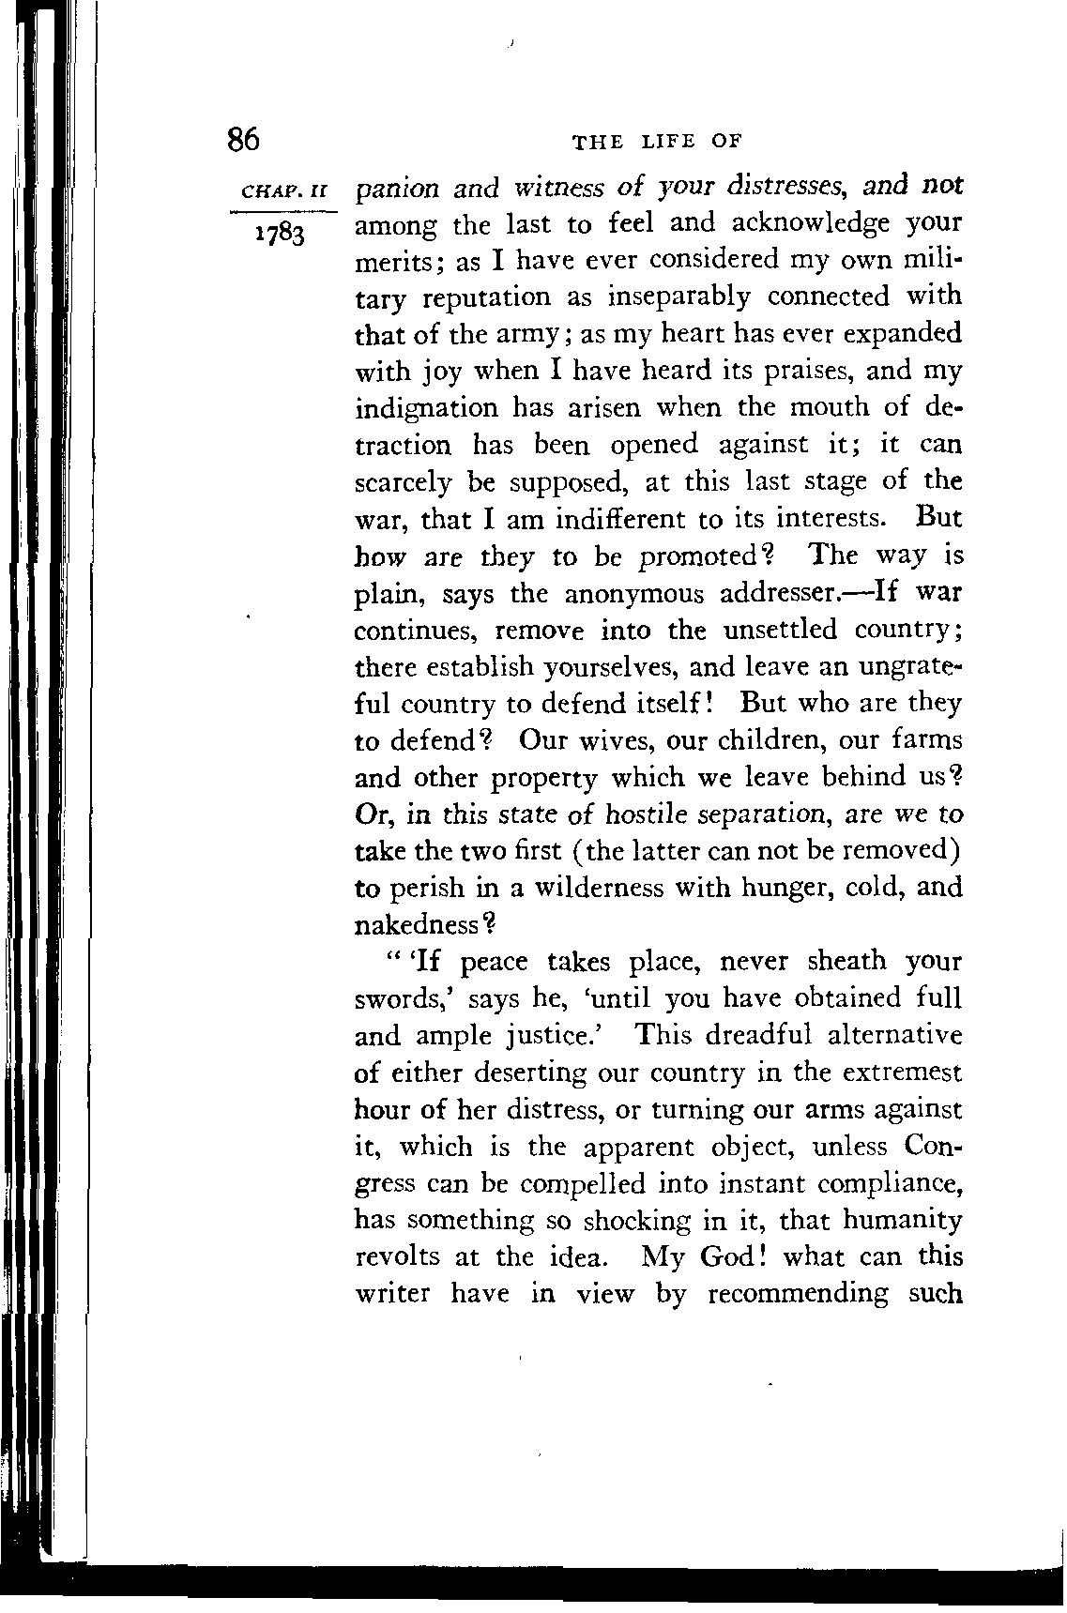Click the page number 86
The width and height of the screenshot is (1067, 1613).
tap(242, 139)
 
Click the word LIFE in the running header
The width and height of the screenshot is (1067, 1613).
tap(669, 143)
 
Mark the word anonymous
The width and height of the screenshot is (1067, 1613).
tap(635, 594)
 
